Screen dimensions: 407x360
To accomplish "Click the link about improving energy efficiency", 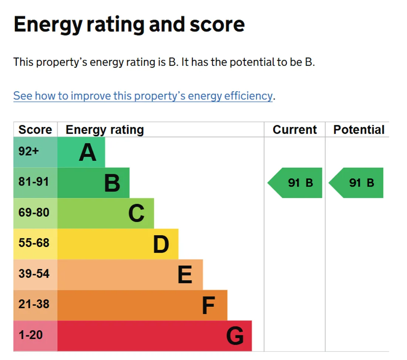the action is (x=143, y=96).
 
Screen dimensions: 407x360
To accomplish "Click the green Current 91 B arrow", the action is (x=295, y=183).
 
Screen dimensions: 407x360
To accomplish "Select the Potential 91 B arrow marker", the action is (x=356, y=183).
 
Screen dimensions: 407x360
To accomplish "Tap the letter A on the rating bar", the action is (x=88, y=153).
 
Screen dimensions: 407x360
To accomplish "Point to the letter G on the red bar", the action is (x=235, y=336).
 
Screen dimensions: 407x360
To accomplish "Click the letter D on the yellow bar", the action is (x=161, y=244).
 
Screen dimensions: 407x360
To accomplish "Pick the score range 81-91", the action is (x=34, y=181).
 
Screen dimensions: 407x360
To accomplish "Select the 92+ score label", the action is (x=28, y=151).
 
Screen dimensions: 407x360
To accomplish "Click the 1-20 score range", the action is (x=31, y=335).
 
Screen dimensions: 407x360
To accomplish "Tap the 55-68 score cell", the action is (x=34, y=243).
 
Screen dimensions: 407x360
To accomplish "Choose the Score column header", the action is (x=35, y=130).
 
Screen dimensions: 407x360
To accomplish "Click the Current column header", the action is (x=295, y=130).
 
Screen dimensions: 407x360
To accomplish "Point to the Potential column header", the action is (x=359, y=130).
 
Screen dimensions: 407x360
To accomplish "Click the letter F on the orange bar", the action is (x=208, y=306).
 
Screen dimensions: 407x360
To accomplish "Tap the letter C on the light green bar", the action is (x=136, y=213).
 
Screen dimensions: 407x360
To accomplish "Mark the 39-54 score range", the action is (x=34, y=273).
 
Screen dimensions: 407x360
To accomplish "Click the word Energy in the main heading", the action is (x=48, y=25).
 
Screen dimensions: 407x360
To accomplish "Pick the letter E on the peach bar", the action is (x=185, y=274).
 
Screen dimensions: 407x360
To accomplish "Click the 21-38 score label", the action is (x=34, y=304).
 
